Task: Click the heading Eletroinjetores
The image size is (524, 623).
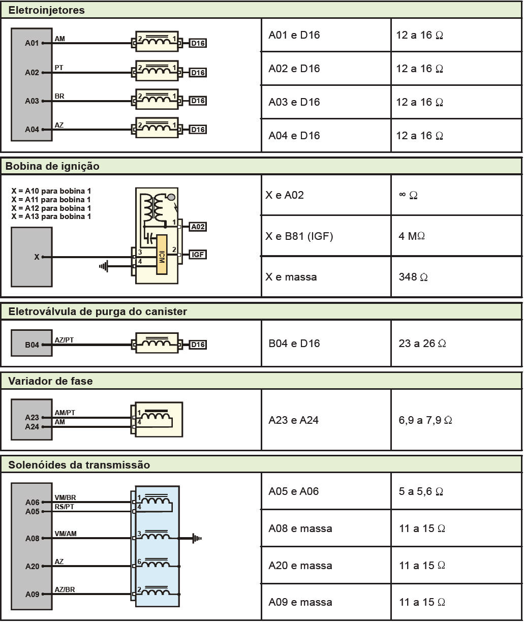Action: click(47, 10)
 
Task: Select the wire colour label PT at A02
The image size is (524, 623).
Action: click(59, 68)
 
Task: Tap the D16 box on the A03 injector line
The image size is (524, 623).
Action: click(198, 101)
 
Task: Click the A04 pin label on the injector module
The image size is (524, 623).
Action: click(32, 130)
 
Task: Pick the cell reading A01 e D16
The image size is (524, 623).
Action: click(294, 35)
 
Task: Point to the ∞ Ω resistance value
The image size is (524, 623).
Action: click(408, 195)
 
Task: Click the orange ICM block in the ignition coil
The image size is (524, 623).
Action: click(162, 255)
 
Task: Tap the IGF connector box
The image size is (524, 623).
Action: click(198, 255)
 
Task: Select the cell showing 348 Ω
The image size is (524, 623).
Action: click(413, 277)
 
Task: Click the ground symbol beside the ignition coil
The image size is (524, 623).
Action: click(104, 266)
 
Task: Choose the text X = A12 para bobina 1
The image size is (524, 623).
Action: click(51, 208)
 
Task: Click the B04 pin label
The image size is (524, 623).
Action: click(32, 345)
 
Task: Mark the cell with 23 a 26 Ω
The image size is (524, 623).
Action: click(422, 344)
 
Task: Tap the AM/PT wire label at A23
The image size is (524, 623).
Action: click(65, 413)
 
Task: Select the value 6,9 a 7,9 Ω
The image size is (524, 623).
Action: click(425, 420)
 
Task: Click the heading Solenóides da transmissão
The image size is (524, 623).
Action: click(79, 465)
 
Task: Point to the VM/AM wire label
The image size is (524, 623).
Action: click(66, 534)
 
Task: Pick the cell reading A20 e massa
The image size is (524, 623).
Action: click(300, 566)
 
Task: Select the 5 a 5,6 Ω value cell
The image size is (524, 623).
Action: click(421, 491)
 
